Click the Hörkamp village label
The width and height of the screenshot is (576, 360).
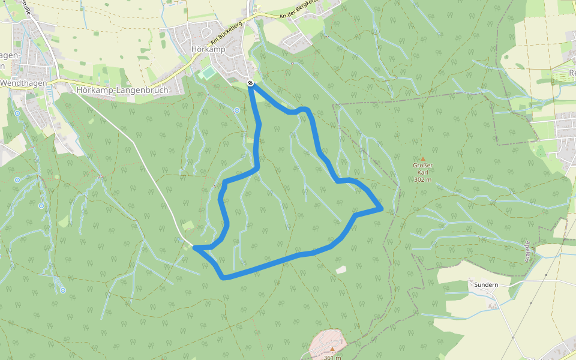point(208,49)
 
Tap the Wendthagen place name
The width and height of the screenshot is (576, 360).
point(23,83)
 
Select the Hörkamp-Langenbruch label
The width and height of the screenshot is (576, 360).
point(123,90)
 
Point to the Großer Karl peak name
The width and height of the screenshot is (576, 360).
point(422,169)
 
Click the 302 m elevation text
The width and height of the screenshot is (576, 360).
point(422,179)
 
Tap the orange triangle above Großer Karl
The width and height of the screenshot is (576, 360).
point(422,159)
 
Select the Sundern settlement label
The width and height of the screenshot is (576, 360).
point(487,284)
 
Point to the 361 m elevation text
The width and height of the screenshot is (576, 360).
point(332,358)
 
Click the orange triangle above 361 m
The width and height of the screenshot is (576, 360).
point(332,349)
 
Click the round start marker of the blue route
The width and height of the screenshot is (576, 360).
point(250,83)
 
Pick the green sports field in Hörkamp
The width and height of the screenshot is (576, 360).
point(208,73)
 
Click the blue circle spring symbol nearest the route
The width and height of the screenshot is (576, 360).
point(237,110)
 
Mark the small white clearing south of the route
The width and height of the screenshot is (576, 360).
point(341,270)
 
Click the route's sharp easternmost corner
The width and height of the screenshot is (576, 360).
point(382,209)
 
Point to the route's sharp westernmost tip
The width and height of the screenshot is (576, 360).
point(195,247)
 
